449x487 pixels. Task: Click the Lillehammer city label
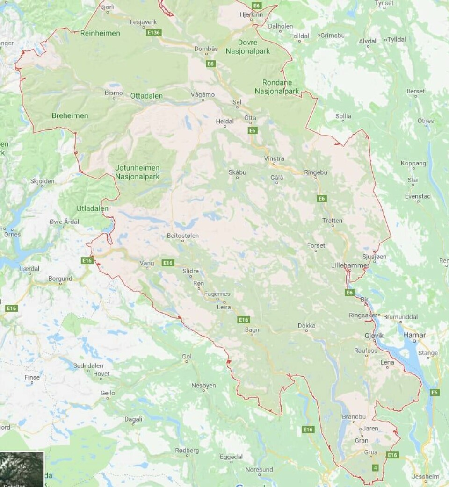(350, 265)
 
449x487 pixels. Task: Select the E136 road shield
(153, 33)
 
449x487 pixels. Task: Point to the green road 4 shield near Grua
(375, 467)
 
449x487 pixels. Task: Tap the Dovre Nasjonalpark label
(248, 47)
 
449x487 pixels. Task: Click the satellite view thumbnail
(22, 469)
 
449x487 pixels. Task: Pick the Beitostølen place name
(183, 236)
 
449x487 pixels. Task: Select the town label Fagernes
(217, 294)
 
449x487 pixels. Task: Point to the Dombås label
(206, 49)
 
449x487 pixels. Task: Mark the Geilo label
(108, 393)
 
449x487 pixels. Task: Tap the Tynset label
(384, 3)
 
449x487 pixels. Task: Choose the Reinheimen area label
(100, 33)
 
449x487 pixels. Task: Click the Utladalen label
(93, 208)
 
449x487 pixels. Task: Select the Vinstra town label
(274, 158)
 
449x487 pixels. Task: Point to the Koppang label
(413, 163)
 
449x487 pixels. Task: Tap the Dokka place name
(306, 326)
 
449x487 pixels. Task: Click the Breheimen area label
(70, 115)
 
